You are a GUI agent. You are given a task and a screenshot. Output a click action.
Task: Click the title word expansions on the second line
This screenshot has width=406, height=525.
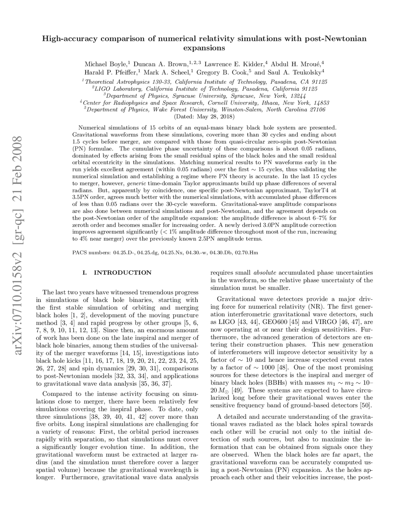click(204, 48)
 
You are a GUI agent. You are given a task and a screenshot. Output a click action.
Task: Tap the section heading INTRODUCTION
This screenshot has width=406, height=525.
click(122, 273)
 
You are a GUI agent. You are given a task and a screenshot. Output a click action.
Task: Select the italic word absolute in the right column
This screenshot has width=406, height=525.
click(265, 273)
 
